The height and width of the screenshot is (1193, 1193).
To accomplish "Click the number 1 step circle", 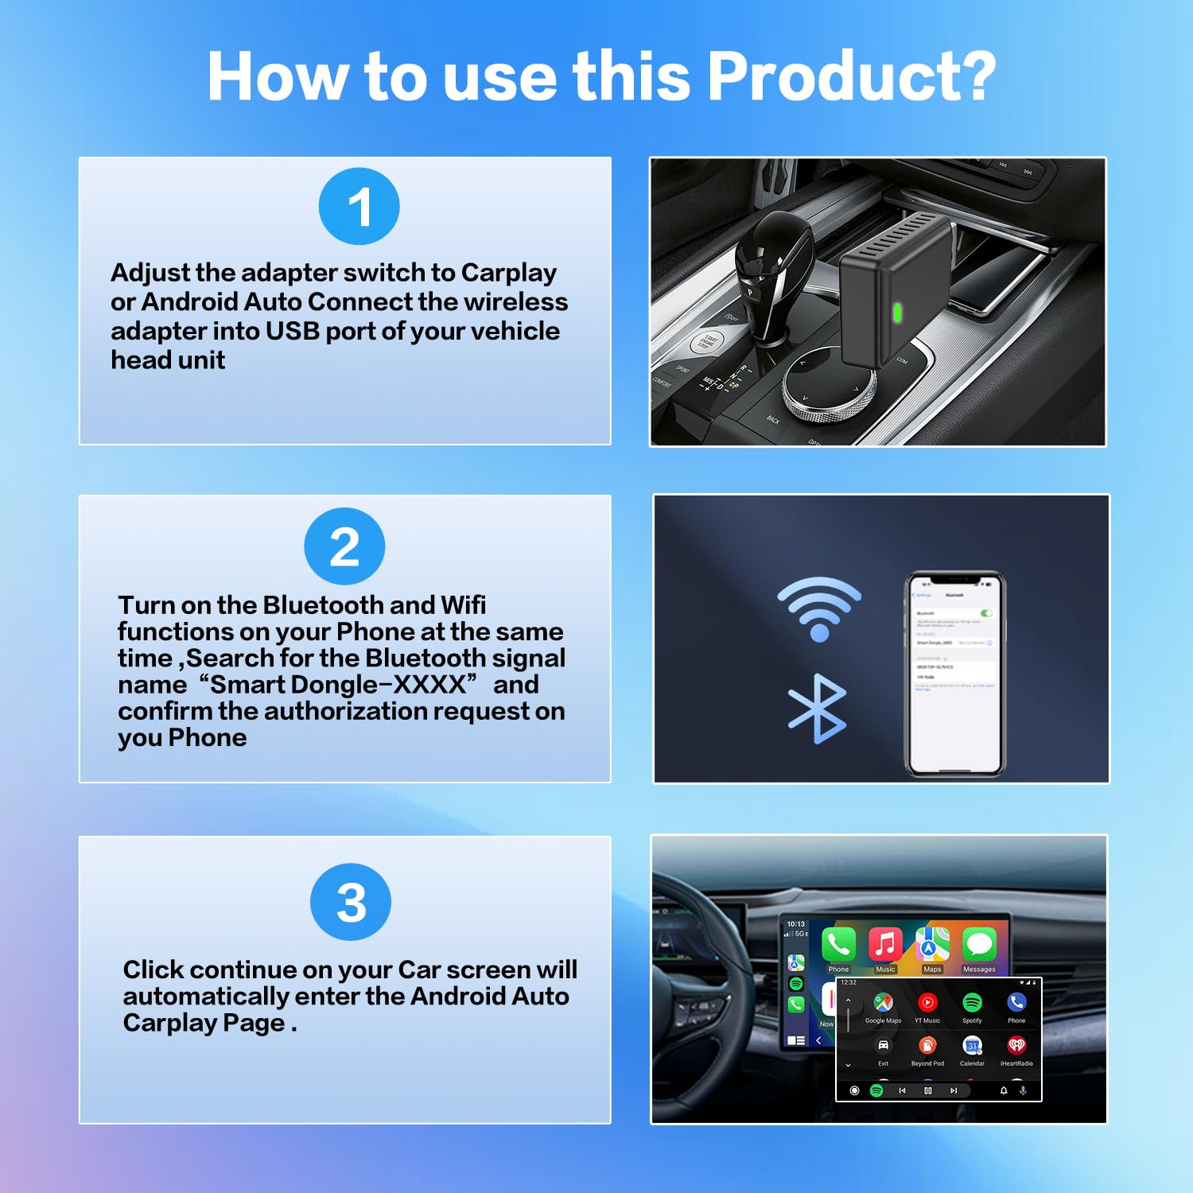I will point(359,207).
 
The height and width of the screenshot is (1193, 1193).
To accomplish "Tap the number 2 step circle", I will point(344,546).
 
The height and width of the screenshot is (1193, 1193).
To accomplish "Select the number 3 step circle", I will point(351,902).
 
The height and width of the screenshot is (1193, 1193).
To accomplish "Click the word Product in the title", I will point(851,76).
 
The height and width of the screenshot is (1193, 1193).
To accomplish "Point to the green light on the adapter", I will point(898,312).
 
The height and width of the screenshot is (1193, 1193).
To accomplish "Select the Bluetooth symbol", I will point(818,709).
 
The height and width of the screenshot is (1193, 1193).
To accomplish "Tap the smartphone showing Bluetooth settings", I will point(956,674).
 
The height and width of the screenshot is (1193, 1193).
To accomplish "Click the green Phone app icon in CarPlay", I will point(838,945).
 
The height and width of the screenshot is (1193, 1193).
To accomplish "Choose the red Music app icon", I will point(885,945).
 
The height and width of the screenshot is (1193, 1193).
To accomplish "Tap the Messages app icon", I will point(979,945).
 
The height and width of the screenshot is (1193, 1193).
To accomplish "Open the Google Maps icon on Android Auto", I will point(883,1003).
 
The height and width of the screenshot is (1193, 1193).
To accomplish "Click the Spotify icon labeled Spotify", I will point(972,1003).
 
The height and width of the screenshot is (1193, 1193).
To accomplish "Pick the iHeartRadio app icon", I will point(1016,1046).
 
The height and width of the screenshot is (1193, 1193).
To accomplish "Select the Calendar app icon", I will point(972,1046).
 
